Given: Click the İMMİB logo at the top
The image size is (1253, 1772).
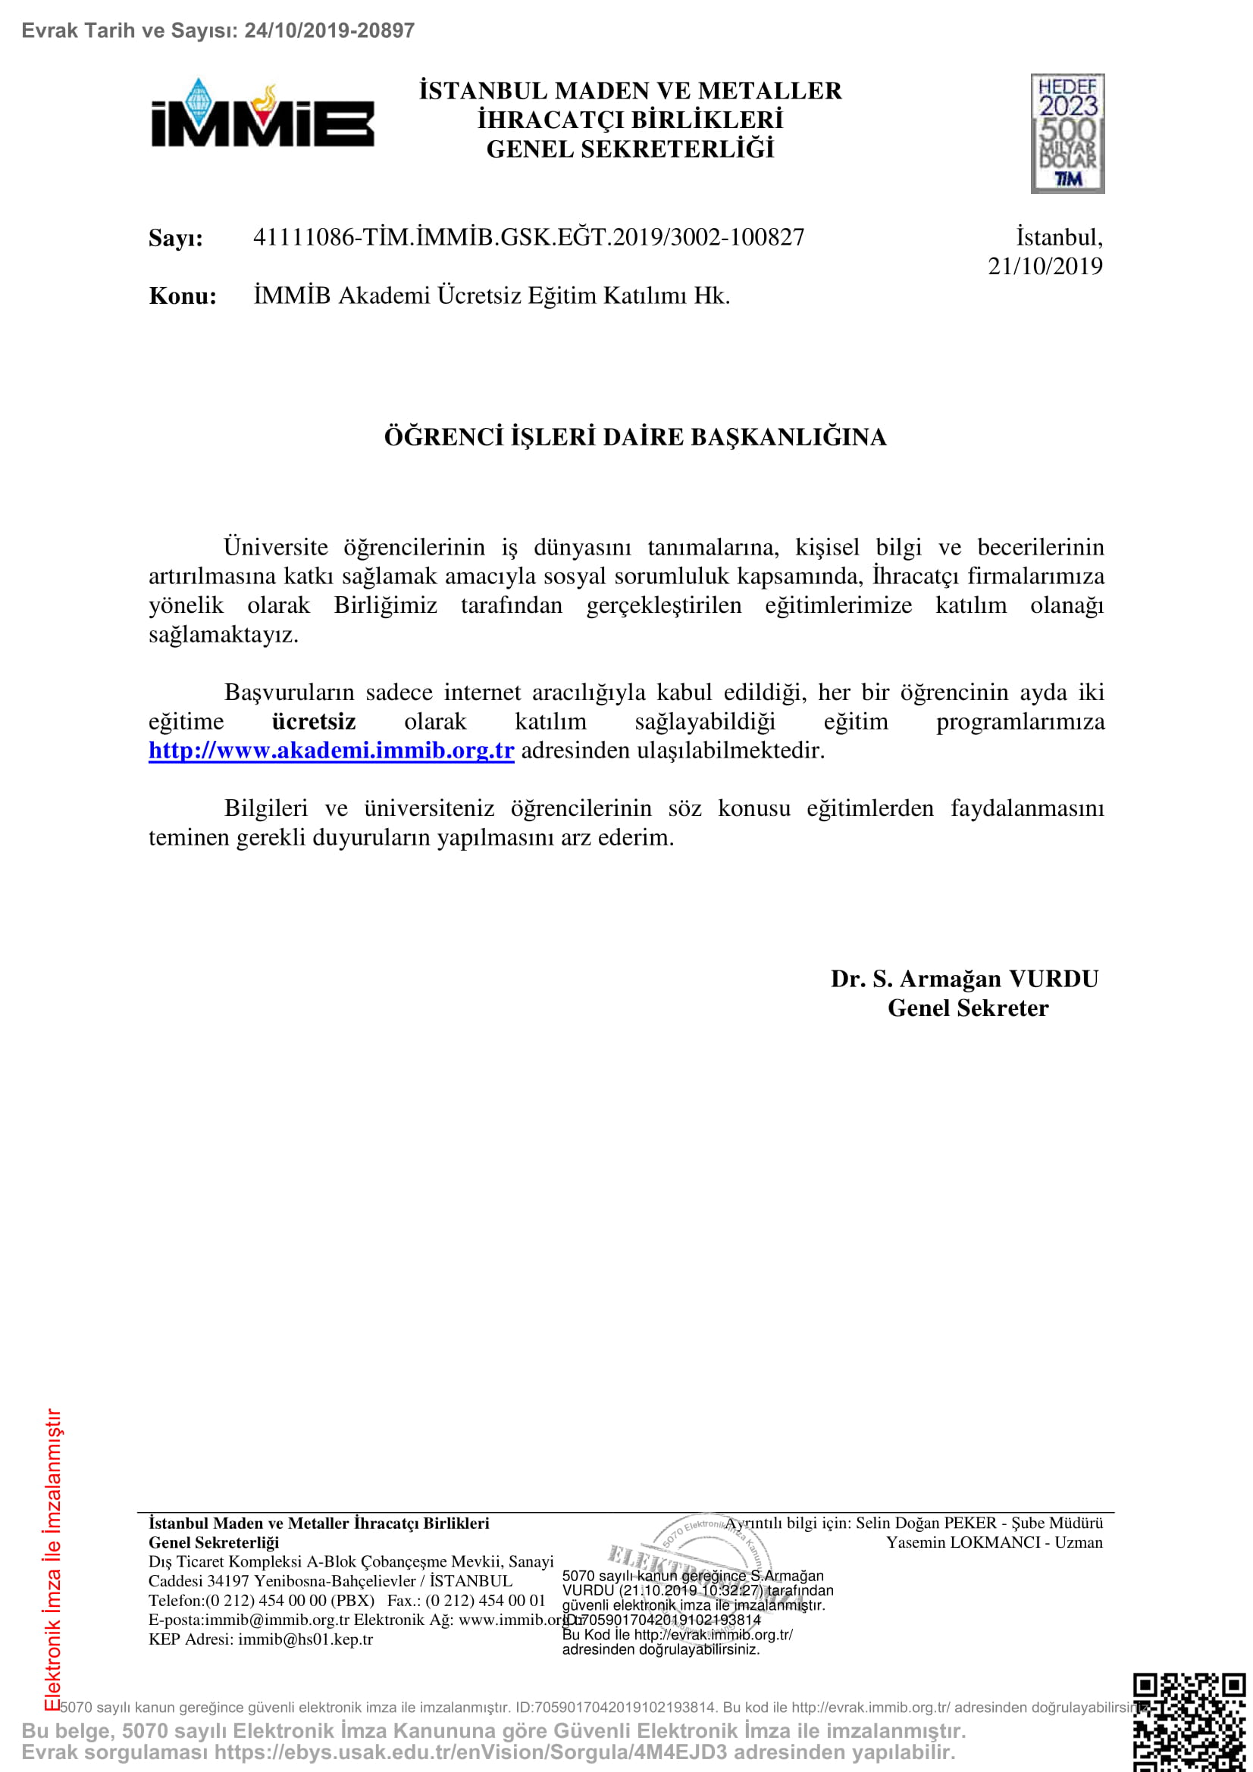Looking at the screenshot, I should [x=262, y=114].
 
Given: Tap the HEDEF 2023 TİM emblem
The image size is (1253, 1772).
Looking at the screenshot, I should [x=1067, y=133].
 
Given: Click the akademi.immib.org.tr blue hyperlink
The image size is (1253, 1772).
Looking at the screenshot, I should [x=331, y=750].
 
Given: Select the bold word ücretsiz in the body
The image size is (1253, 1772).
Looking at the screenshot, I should [x=314, y=722].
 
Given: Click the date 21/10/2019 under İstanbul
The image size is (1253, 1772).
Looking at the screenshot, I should [x=1045, y=266].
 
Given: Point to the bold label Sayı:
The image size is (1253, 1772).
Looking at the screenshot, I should [x=176, y=238].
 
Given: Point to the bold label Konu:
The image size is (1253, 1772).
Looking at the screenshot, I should [x=182, y=296].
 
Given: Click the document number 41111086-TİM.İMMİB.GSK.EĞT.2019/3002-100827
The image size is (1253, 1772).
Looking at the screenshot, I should [x=528, y=237].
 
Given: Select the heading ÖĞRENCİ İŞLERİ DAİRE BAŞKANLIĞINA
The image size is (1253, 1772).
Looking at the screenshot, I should [x=634, y=437].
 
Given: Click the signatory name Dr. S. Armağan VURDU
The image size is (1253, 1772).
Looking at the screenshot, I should [x=963, y=979].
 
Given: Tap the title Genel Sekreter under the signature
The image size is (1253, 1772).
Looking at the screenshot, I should [x=967, y=1008].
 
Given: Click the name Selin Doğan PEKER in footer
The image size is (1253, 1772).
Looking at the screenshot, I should [x=926, y=1523].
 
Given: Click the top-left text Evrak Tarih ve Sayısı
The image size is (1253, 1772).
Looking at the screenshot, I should [x=129, y=30].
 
